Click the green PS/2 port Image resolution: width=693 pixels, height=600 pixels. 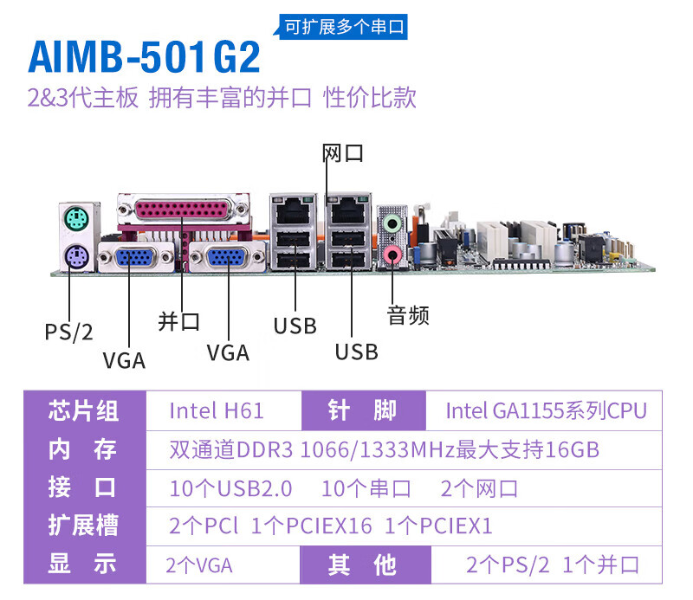(x=76, y=219)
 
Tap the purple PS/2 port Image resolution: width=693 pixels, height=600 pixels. (x=76, y=256)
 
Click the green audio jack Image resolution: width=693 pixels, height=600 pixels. (x=392, y=223)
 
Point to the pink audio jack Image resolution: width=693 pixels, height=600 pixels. (x=392, y=255)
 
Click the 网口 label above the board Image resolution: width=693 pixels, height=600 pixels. (x=343, y=153)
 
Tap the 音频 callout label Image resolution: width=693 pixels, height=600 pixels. (x=408, y=315)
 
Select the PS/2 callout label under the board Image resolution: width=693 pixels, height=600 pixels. (x=69, y=332)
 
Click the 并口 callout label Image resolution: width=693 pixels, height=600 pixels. (x=179, y=321)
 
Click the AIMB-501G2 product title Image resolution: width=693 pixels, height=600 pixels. (x=144, y=56)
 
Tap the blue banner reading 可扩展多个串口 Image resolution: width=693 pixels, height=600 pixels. (x=343, y=27)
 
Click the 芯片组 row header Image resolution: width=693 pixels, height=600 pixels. (x=83, y=411)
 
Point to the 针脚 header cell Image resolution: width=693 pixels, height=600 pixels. (x=362, y=410)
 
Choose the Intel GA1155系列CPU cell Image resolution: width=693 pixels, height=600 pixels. (x=547, y=410)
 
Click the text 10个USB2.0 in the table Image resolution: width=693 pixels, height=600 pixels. (x=230, y=488)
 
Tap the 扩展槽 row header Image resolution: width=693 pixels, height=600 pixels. (x=83, y=525)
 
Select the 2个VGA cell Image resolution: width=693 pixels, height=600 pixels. (x=199, y=565)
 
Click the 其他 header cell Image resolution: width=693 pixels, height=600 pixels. (x=362, y=565)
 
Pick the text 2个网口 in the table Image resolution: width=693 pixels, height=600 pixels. (x=479, y=488)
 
